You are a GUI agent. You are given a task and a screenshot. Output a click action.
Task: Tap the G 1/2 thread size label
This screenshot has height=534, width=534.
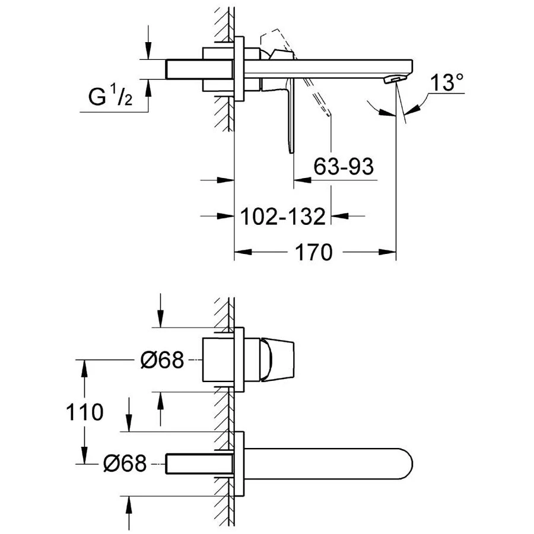[x=110, y=98]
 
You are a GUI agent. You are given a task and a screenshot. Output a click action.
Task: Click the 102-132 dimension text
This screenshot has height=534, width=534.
[x=284, y=216]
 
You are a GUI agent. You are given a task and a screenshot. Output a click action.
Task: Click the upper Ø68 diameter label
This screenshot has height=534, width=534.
[x=162, y=360]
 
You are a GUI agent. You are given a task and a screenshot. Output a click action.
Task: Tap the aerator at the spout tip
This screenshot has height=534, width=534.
[x=392, y=79]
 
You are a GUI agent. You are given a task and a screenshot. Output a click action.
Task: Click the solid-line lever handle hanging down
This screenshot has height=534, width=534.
[x=291, y=119]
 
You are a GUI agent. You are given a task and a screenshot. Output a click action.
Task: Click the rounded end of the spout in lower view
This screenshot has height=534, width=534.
[x=404, y=463]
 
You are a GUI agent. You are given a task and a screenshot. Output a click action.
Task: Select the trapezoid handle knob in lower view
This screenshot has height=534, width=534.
[x=276, y=359]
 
